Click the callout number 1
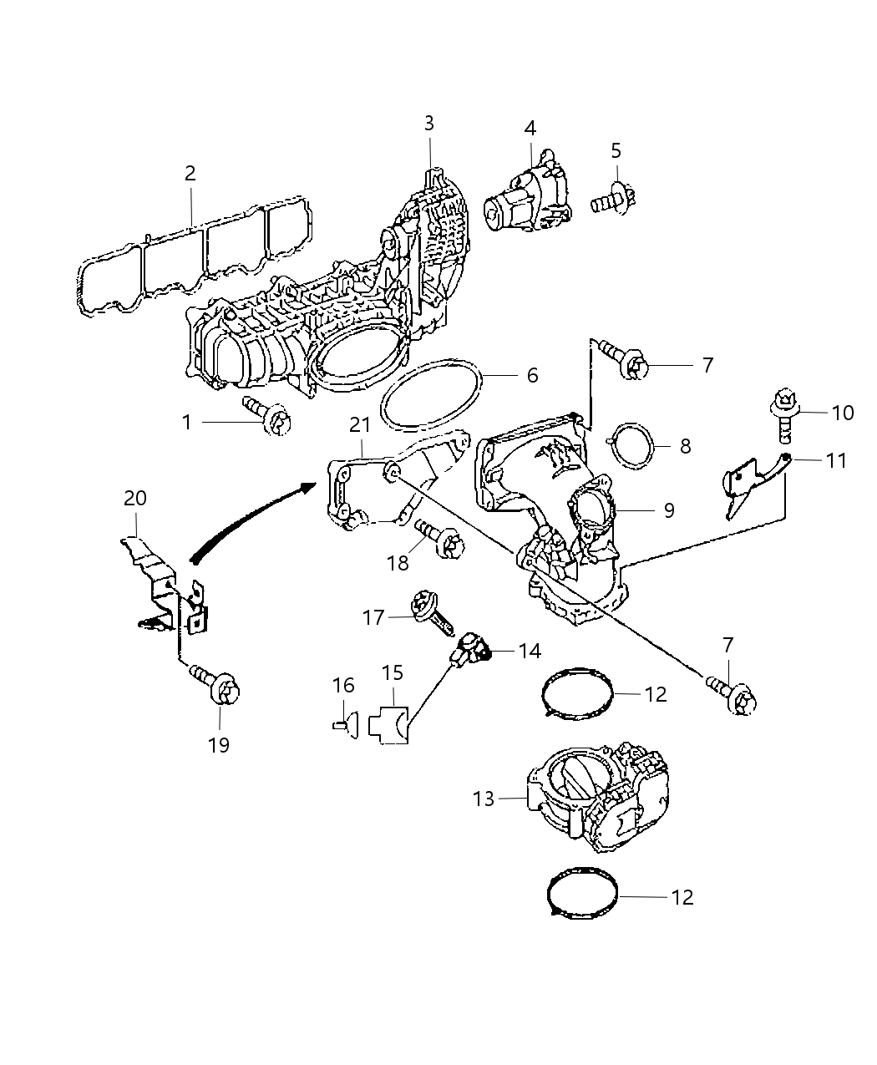pos(187,423)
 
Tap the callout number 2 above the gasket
pos(190,174)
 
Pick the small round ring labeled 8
pos(633,444)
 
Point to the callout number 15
pos(393,672)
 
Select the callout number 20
pos(135,499)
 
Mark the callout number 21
pos(360,425)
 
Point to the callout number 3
pos(428,124)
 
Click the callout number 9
pos(668,510)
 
